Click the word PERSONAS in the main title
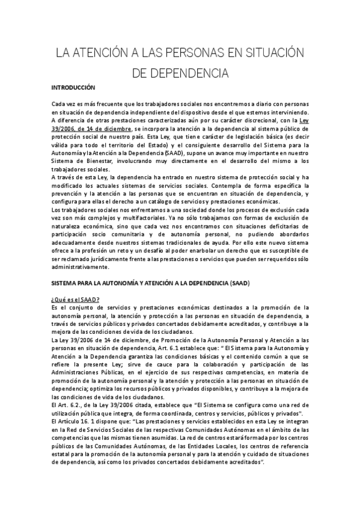(x=175, y=54)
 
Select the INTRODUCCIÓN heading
(x=74, y=87)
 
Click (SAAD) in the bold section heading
(x=236, y=283)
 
